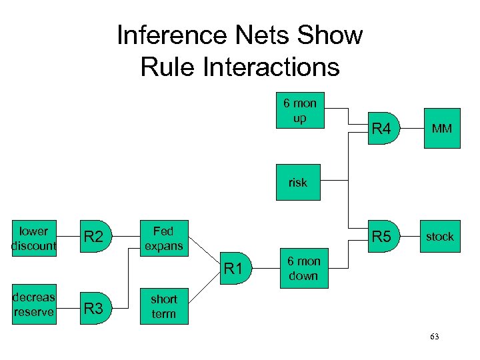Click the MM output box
coord(440,128)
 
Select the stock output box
coord(440,237)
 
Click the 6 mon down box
coord(303,269)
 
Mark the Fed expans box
coord(163,238)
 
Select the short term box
coord(164,307)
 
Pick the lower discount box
coord(33,238)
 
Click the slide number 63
coord(435,337)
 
